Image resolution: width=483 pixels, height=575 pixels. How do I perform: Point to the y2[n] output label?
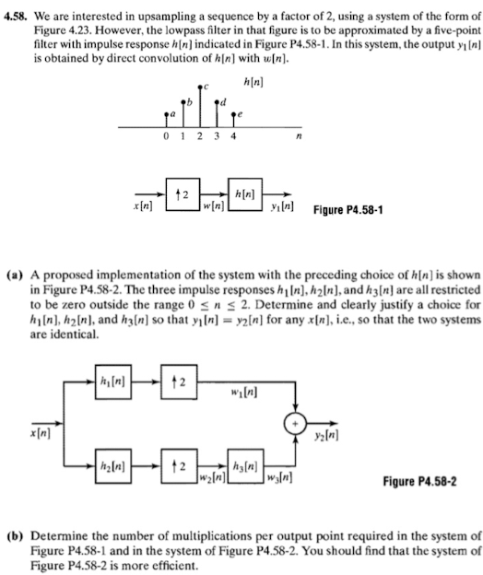(322, 432)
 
